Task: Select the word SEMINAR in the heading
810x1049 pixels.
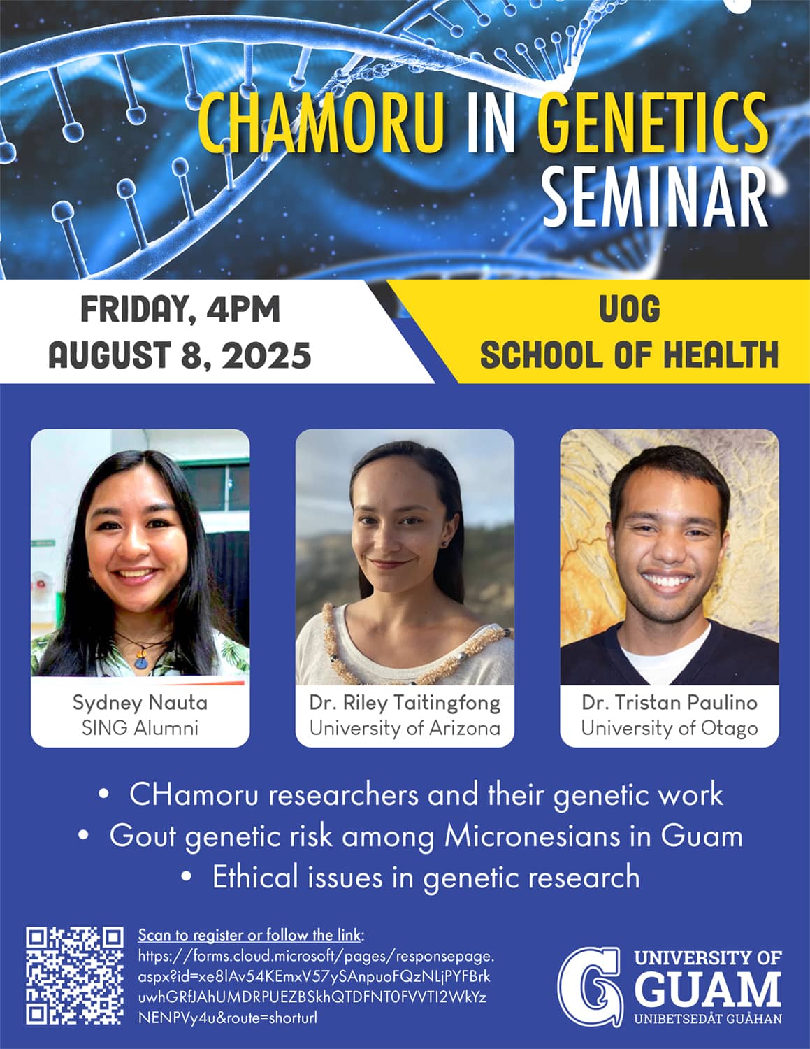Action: click(x=655, y=197)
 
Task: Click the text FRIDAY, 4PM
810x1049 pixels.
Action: click(x=180, y=310)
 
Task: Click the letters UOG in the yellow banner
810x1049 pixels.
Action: click(x=629, y=309)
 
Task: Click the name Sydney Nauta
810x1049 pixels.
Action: click(x=140, y=703)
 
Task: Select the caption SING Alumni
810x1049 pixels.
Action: click(x=140, y=728)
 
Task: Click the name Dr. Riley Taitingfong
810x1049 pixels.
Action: click(x=405, y=704)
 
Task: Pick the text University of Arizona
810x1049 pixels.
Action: click(x=405, y=728)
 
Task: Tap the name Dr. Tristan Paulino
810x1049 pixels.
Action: click(x=669, y=703)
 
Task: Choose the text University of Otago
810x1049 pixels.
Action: click(x=669, y=729)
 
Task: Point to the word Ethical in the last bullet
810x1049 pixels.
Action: click(x=255, y=877)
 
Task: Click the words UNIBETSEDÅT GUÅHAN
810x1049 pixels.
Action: click(x=708, y=1019)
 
